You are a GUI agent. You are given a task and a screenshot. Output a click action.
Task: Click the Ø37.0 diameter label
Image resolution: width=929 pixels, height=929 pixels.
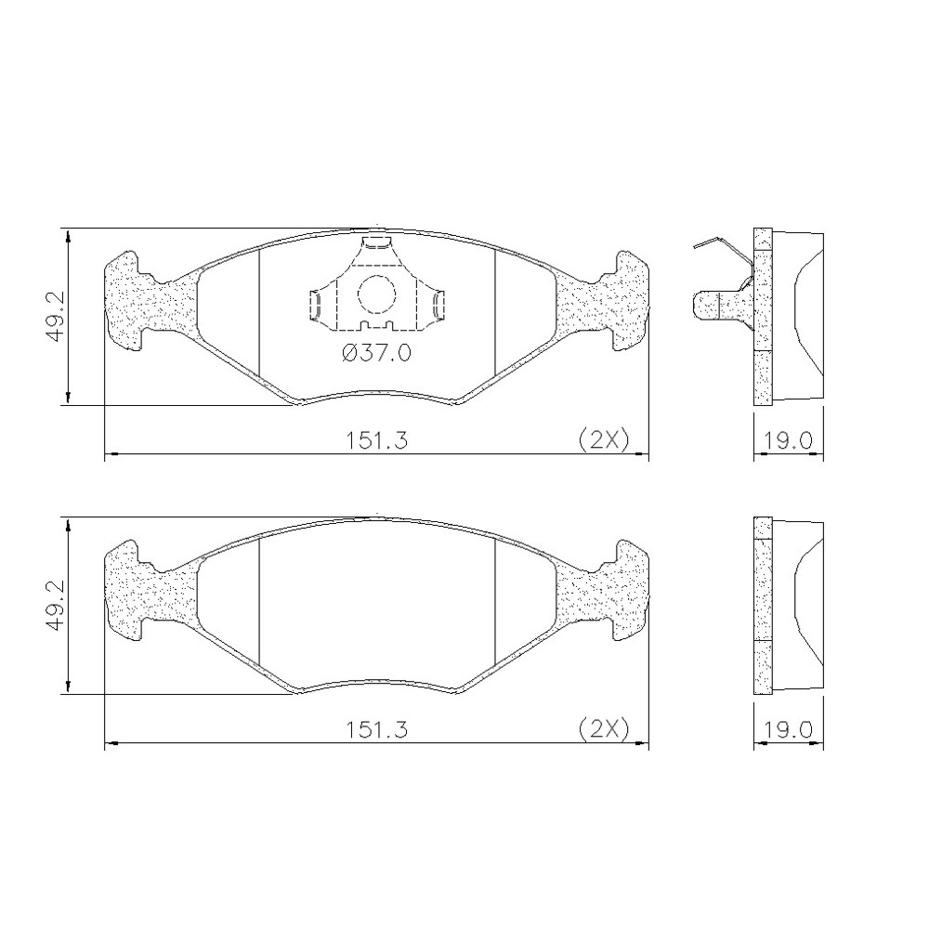click(377, 354)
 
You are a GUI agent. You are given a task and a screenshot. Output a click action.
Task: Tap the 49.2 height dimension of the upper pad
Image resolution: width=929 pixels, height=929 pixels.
click(57, 317)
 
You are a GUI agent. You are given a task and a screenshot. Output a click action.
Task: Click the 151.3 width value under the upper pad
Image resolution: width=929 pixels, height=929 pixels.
click(377, 440)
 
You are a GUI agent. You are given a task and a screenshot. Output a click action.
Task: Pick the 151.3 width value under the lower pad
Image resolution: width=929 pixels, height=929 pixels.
click(377, 729)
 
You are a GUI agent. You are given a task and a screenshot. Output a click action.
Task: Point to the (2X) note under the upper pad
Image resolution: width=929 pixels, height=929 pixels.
click(603, 440)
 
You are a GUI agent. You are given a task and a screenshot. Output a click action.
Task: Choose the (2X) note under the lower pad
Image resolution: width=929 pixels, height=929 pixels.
click(603, 729)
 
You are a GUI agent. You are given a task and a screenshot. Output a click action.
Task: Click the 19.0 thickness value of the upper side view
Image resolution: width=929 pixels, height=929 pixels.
click(788, 440)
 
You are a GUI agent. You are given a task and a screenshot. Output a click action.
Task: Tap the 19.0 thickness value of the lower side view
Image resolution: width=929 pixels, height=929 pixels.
click(788, 729)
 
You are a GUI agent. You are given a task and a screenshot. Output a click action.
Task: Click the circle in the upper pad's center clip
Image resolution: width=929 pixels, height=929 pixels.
click(376, 294)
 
